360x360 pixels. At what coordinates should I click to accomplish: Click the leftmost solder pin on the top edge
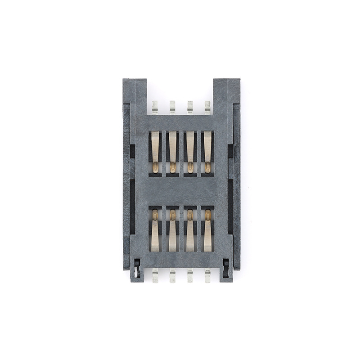tap(155, 108)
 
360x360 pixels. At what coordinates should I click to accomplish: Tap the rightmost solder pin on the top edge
tap(207, 108)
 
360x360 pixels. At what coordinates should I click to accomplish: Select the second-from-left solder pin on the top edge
tap(172, 108)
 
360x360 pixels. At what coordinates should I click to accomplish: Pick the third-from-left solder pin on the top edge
tap(190, 108)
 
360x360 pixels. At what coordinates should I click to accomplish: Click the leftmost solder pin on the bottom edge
tap(155, 275)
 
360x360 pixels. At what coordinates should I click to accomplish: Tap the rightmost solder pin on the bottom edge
tap(207, 275)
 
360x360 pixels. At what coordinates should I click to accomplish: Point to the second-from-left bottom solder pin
tap(172, 275)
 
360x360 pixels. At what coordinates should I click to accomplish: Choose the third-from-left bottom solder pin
tap(190, 275)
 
